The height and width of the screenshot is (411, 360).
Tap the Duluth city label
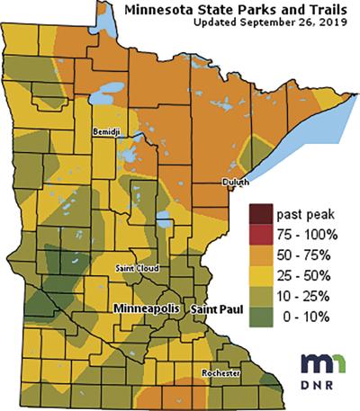pos(235,182)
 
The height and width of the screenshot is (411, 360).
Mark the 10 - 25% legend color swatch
pos(262,293)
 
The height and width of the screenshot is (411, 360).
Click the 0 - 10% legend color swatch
pos(262,313)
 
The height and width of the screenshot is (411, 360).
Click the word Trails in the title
pos(320,9)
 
